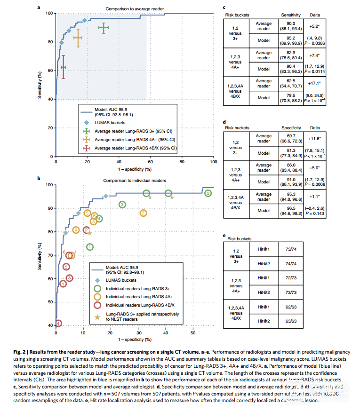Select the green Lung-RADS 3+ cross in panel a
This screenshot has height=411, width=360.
click(104, 28)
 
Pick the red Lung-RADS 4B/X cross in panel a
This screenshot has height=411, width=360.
click(63, 67)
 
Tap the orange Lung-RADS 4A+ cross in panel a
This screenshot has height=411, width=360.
click(78, 38)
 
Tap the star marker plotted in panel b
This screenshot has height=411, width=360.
click(89, 232)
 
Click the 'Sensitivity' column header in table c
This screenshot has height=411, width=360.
click(291, 15)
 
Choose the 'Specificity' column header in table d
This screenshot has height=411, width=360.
click(291, 127)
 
